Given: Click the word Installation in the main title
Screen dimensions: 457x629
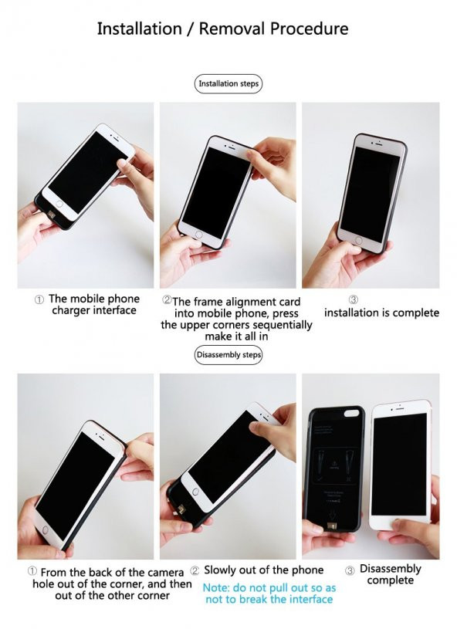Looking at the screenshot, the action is [x=139, y=29].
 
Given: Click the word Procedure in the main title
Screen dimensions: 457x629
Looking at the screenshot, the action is [x=309, y=29].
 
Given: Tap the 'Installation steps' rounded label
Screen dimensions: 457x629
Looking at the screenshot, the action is [x=228, y=84].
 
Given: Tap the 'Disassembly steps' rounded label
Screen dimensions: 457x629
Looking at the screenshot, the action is [x=228, y=355].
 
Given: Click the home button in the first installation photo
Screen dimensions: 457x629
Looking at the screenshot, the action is [x=59, y=204].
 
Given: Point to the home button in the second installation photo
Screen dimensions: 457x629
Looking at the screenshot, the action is [x=198, y=234].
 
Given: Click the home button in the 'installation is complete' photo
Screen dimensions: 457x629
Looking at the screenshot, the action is [x=358, y=241].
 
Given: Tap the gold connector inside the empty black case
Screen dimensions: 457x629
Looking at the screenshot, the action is [x=332, y=526].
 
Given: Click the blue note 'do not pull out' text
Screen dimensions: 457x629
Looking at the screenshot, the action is [x=269, y=593].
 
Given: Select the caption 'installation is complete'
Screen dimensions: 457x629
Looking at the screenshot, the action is [x=381, y=313].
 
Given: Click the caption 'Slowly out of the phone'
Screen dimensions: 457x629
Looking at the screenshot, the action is [x=263, y=570].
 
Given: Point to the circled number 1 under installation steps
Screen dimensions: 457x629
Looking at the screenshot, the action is [x=39, y=299].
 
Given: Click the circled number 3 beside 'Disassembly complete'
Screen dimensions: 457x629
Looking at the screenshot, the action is [x=350, y=570].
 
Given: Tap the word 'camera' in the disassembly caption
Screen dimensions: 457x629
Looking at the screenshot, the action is [x=161, y=572].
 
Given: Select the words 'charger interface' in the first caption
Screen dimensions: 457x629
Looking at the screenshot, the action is [x=94, y=310].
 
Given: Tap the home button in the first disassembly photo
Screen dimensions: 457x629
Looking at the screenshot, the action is [x=45, y=530].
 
